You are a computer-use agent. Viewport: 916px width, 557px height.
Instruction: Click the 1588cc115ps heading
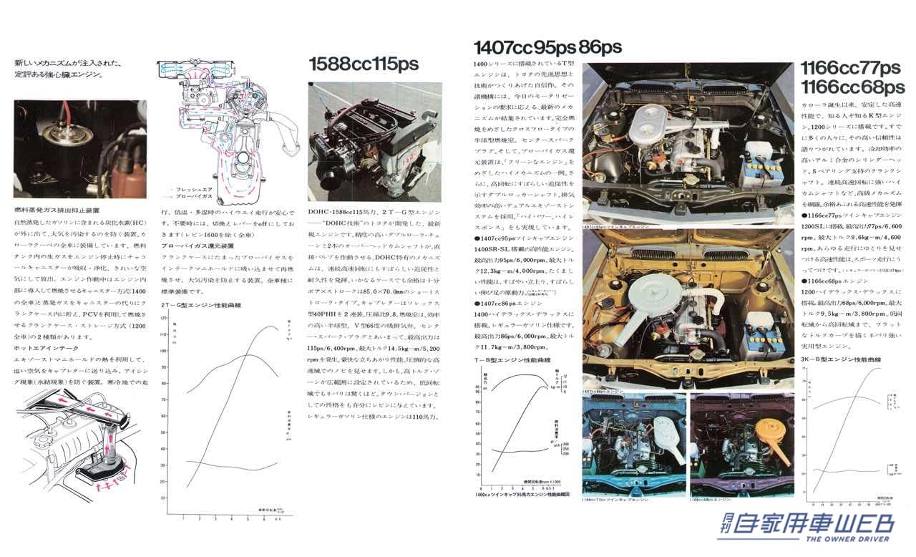pos(364,64)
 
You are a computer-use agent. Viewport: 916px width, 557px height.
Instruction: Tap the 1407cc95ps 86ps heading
pos(547,48)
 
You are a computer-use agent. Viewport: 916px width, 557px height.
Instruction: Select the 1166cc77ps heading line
pos(850,69)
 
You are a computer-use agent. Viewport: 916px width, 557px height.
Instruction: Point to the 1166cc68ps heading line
pos(852,87)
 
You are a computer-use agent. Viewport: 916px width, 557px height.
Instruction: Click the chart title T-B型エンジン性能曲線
pos(511,359)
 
